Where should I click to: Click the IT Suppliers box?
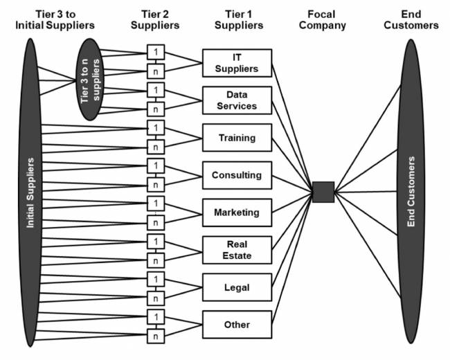(237, 63)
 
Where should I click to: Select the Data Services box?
(237, 100)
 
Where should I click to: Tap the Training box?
(237, 138)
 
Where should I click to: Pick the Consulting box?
(237, 175)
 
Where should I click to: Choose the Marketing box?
(237, 213)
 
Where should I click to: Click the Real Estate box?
(237, 249)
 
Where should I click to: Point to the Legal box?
(237, 287)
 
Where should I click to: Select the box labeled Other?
(237, 324)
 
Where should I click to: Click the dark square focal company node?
(323, 192)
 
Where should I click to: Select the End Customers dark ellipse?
(411, 190)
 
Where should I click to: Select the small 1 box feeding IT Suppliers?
(156, 52)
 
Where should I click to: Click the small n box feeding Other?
(156, 336)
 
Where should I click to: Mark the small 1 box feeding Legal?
(156, 279)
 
